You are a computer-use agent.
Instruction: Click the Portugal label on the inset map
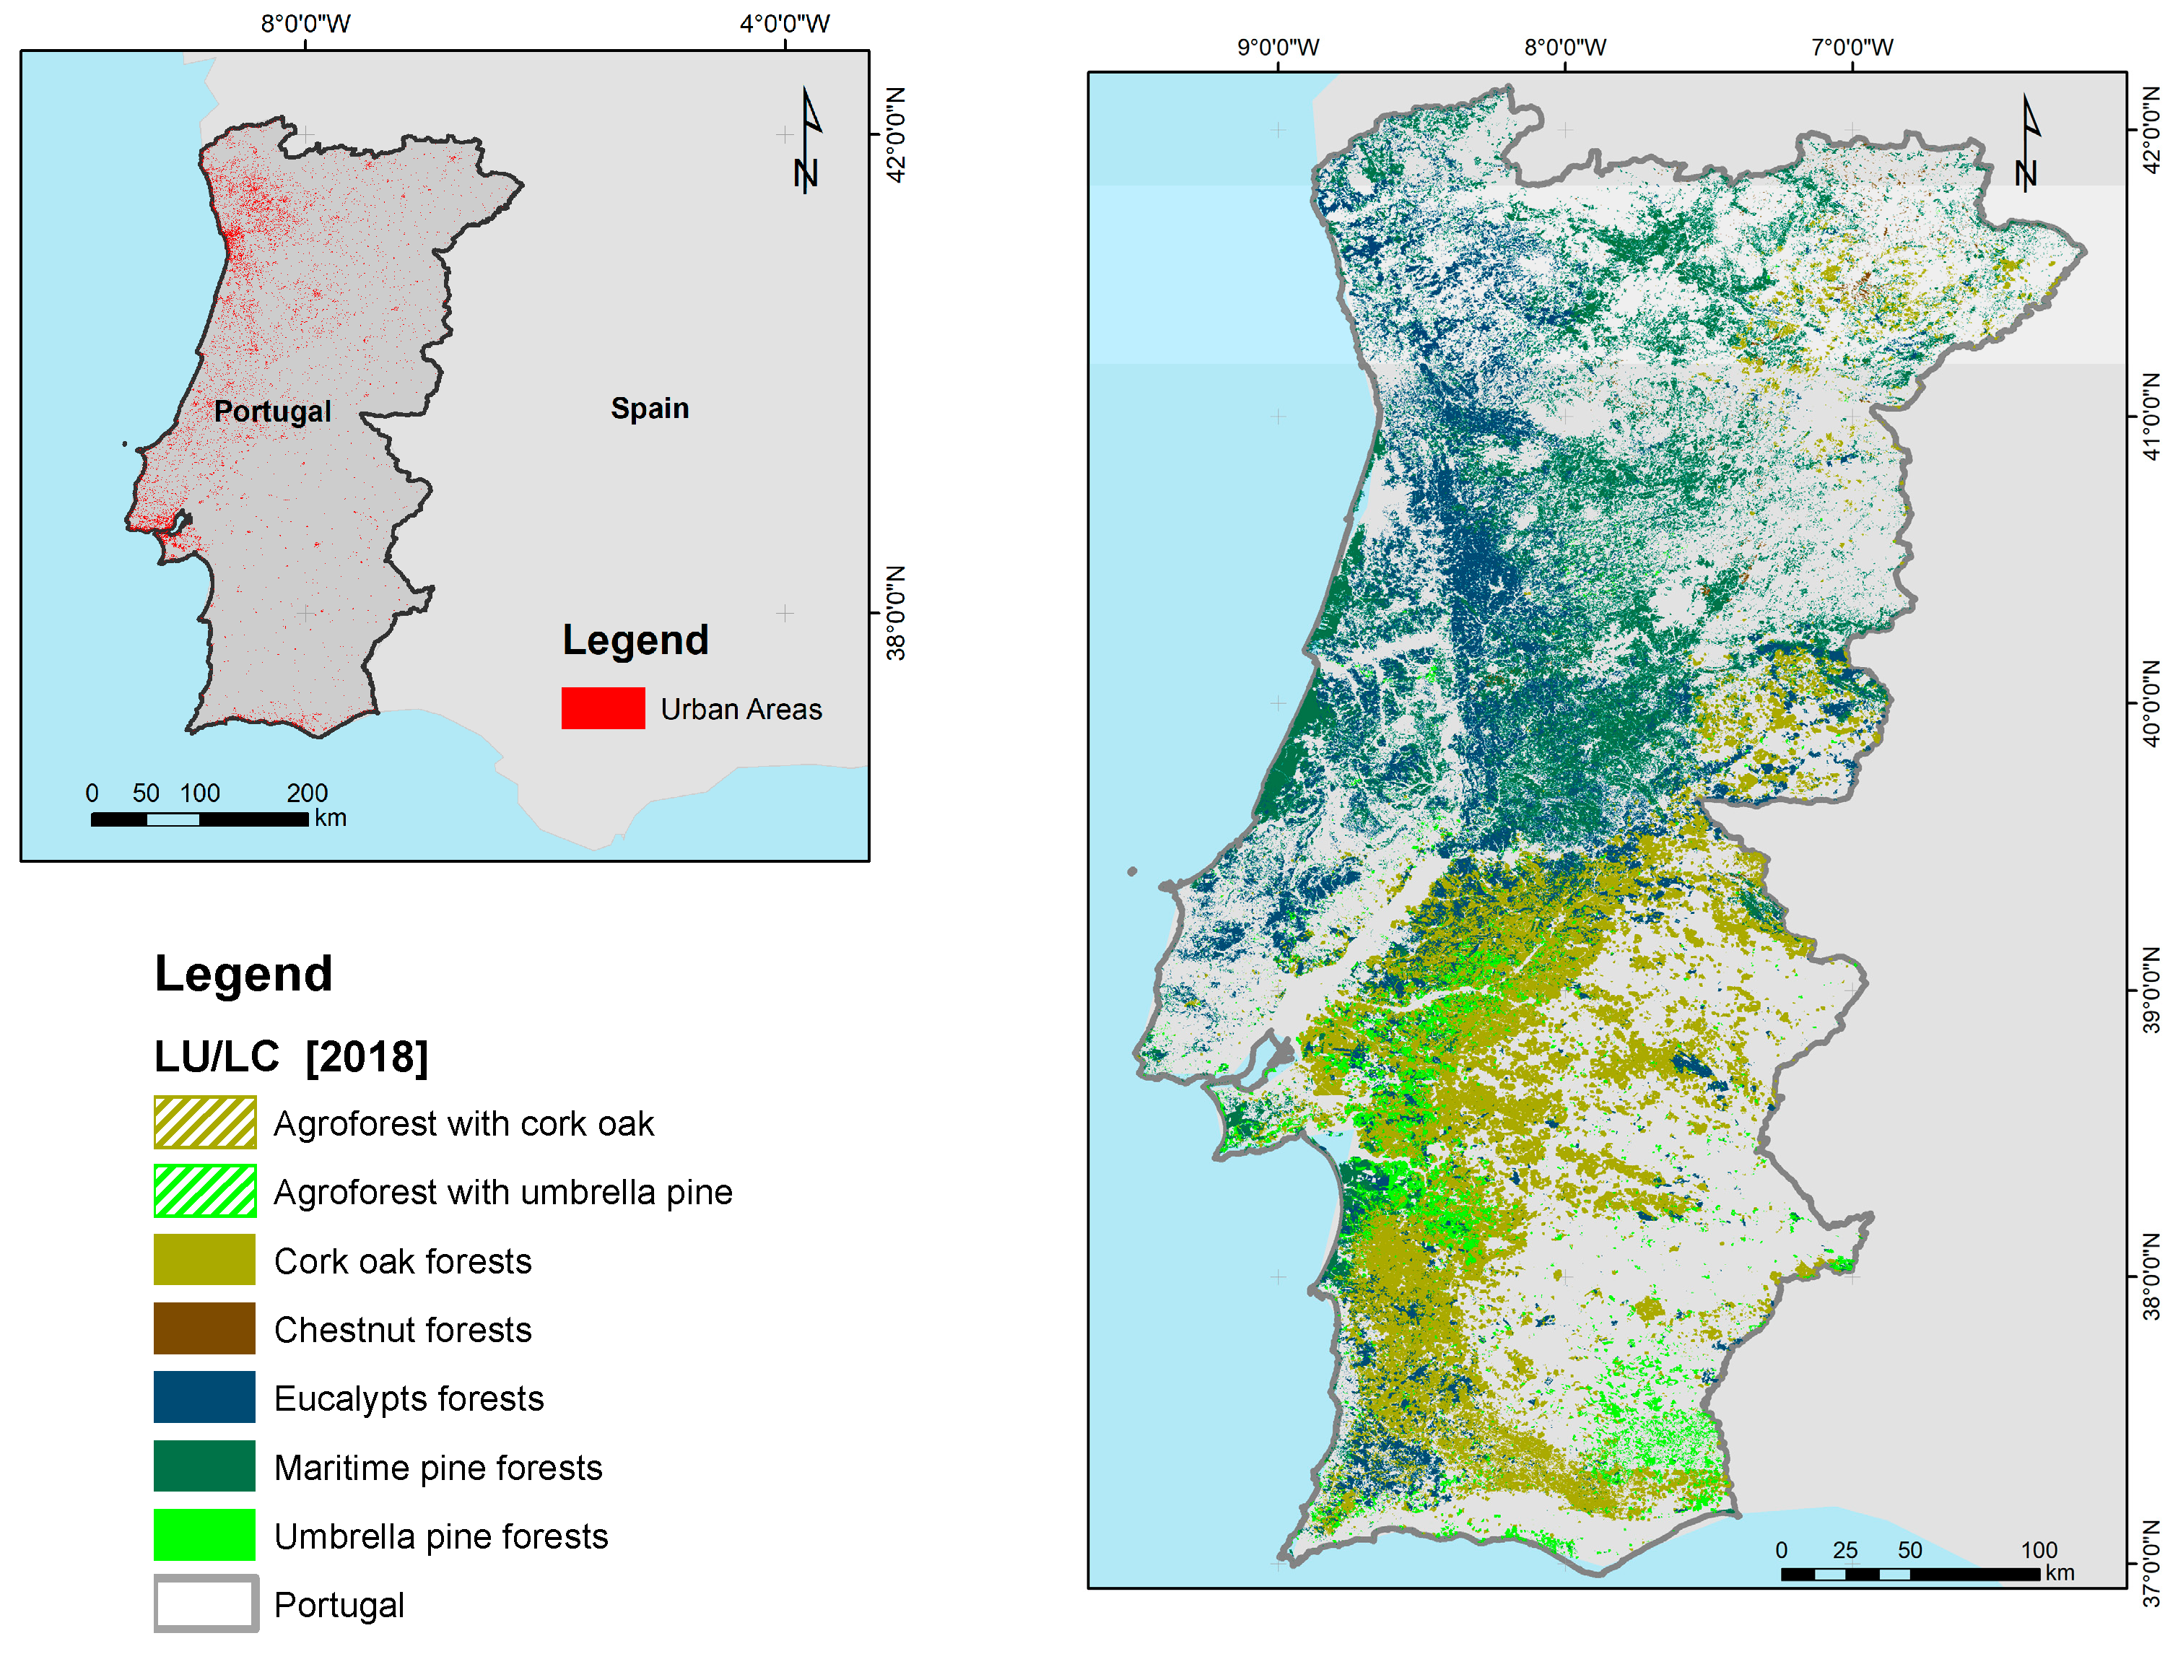pos(273,411)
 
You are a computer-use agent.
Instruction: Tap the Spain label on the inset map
pos(649,408)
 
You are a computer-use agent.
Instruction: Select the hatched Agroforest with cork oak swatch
pos(205,1123)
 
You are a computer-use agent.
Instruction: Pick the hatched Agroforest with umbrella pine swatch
pos(205,1191)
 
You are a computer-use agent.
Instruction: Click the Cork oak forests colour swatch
pos(205,1261)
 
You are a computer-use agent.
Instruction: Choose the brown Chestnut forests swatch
pos(205,1329)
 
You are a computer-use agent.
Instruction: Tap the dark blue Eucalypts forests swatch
pos(205,1397)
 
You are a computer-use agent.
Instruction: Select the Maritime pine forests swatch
pos(205,1466)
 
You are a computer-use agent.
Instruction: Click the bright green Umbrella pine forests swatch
pos(205,1535)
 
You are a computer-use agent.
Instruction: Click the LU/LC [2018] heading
pos(292,1056)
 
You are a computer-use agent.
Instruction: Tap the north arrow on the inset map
pos(807,141)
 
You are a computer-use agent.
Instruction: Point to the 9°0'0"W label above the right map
pos(1278,47)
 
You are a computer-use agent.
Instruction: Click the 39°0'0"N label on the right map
pos(2153,991)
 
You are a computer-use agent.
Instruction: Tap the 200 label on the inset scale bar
pos(308,793)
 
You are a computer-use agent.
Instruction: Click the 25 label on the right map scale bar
pos(1845,1549)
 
